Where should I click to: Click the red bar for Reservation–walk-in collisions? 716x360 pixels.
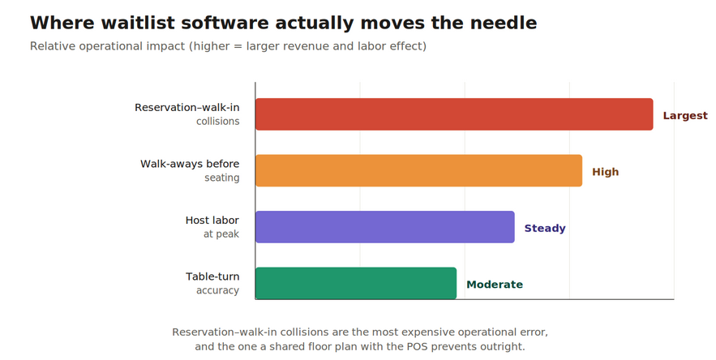coord(454,114)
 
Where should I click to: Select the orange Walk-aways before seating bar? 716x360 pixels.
coord(418,170)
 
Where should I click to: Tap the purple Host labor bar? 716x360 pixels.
coord(385,227)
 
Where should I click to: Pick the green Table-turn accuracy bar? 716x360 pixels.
coord(356,283)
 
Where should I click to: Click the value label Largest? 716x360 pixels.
coord(685,116)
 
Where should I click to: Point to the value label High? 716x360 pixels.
coord(606,172)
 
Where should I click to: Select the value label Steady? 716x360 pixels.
coord(545,228)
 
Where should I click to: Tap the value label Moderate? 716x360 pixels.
coord(495,284)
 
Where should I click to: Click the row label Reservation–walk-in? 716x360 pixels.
coord(187,107)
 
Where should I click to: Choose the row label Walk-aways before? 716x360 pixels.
coord(190,164)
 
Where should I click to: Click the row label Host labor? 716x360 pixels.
coord(212,221)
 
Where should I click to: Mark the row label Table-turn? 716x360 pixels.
coord(212,276)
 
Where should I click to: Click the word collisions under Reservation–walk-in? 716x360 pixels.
coord(218,121)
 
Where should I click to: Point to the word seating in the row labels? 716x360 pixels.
coord(222,178)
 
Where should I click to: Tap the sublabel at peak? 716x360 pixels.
coord(221,234)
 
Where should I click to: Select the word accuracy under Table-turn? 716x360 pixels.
coord(218,290)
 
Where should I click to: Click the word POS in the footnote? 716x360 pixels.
coord(417,346)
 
